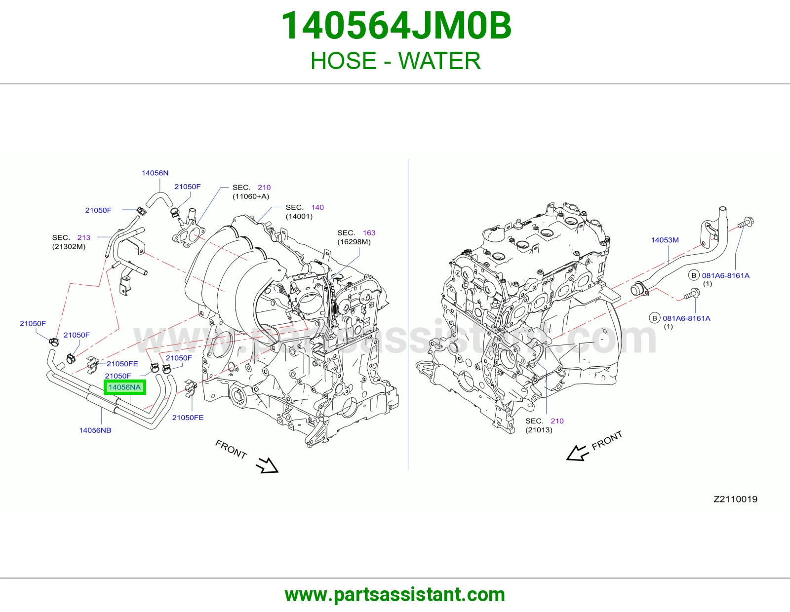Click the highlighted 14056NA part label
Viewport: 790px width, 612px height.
pyautogui.click(x=125, y=387)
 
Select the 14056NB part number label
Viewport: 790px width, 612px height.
pyautogui.click(x=95, y=430)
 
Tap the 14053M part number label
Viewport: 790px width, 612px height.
pyautogui.click(x=665, y=240)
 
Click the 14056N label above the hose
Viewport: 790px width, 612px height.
pyautogui.click(x=155, y=173)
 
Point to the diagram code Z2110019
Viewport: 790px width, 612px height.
pyautogui.click(x=736, y=499)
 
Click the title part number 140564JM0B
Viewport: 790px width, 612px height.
pyautogui.click(x=396, y=26)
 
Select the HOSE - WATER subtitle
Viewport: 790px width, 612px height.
pyautogui.click(x=395, y=60)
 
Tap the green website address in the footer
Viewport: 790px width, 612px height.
pyautogui.click(x=395, y=595)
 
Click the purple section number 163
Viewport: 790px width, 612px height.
pyautogui.click(x=369, y=232)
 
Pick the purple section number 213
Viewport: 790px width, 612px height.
pyautogui.click(x=83, y=237)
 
